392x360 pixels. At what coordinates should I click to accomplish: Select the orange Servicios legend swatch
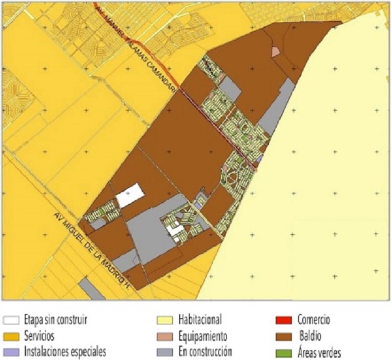pyautogui.click(x=10, y=336)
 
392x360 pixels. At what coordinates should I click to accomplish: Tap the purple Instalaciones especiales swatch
pyautogui.click(x=10, y=351)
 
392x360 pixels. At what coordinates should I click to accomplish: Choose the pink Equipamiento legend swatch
pyautogui.click(x=163, y=336)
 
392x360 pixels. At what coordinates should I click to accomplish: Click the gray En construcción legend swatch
pyautogui.click(x=163, y=351)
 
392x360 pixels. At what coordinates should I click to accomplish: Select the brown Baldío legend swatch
pyautogui.click(x=282, y=336)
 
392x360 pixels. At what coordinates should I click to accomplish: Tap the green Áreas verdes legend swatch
pyautogui.click(x=282, y=351)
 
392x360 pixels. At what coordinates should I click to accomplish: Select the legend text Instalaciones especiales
pyautogui.click(x=65, y=351)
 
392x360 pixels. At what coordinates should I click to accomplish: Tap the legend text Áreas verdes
pyautogui.click(x=319, y=352)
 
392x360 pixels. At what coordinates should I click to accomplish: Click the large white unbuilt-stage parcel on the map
pyautogui.click(x=130, y=197)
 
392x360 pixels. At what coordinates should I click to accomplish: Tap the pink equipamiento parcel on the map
pyautogui.click(x=276, y=51)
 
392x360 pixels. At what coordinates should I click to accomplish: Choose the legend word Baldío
pyautogui.click(x=312, y=336)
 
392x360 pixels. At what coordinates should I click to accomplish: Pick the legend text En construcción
pyautogui.click(x=205, y=351)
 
